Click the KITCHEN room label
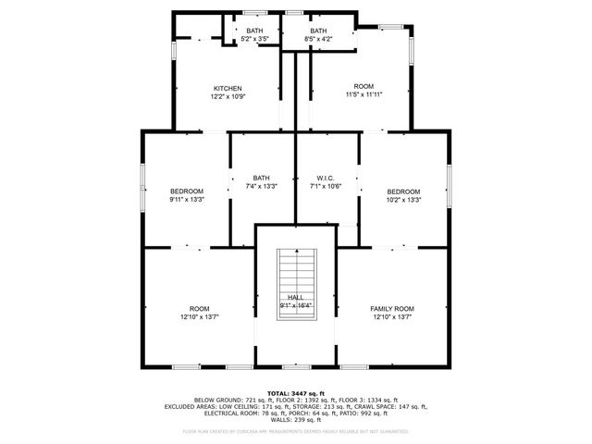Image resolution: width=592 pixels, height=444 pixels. [x=228, y=89]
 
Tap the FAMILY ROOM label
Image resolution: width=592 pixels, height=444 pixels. [x=392, y=308]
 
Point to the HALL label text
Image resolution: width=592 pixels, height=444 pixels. [x=296, y=297]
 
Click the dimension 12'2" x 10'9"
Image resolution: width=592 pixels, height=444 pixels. [x=228, y=97]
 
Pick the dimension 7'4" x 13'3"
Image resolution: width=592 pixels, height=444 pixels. [x=262, y=186]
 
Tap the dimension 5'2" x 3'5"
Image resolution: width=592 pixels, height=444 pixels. [x=254, y=40]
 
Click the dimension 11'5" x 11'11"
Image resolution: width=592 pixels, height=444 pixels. [x=364, y=94]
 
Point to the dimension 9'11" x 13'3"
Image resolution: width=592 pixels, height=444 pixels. [x=186, y=199]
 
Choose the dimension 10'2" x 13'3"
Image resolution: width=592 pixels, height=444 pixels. [x=403, y=199]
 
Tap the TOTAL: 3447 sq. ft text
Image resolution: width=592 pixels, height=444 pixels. [x=296, y=393]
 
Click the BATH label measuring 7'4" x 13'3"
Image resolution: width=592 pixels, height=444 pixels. [x=262, y=178]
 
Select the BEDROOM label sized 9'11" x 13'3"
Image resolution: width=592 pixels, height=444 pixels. [x=186, y=191]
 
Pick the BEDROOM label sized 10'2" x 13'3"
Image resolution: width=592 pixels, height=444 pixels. [x=403, y=191]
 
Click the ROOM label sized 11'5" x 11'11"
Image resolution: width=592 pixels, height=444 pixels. [x=364, y=86]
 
